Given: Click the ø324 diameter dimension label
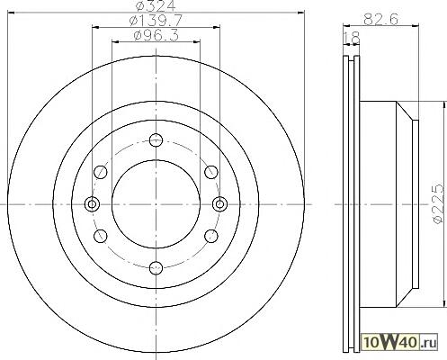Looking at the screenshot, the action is (x=155, y=5).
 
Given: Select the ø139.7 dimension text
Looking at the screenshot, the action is (x=156, y=21).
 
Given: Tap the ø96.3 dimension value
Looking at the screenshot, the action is (x=156, y=36).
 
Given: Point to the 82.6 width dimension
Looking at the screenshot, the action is (x=380, y=20).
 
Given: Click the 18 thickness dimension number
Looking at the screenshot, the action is (x=352, y=38).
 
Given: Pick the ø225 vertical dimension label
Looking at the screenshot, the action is (x=438, y=203).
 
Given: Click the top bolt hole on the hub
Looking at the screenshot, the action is (x=156, y=140).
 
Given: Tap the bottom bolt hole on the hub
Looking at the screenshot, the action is (x=156, y=267).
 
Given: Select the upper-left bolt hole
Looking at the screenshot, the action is (x=101, y=172).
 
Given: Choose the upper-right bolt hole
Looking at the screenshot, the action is (x=211, y=172).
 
